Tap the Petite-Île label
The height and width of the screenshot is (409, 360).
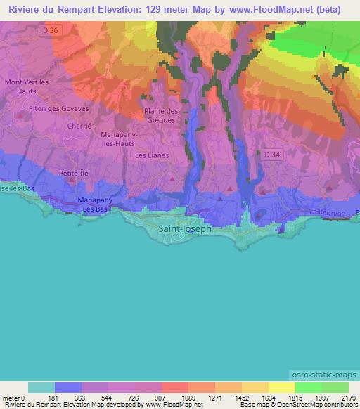coord(73,171)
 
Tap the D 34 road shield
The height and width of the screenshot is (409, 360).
coord(272,154)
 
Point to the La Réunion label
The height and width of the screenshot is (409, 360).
coord(328,212)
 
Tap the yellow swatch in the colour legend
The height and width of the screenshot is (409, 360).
coord(281,388)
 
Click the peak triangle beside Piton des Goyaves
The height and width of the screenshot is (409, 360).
coord(30,108)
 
